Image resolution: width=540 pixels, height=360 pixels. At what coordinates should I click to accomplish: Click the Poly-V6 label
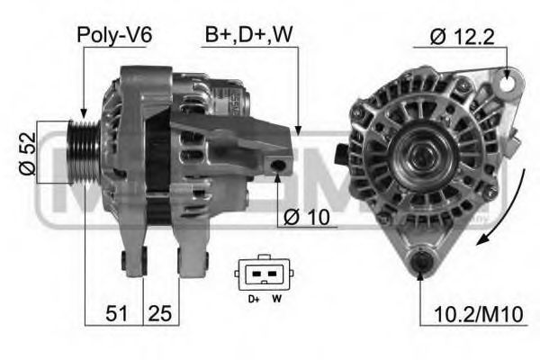click(114, 35)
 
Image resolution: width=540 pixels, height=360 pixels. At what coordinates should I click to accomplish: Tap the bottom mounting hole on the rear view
click(420, 264)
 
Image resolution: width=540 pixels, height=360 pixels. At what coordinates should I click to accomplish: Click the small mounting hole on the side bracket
click(281, 165)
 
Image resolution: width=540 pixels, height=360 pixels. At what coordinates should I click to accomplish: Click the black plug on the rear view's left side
click(340, 151)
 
